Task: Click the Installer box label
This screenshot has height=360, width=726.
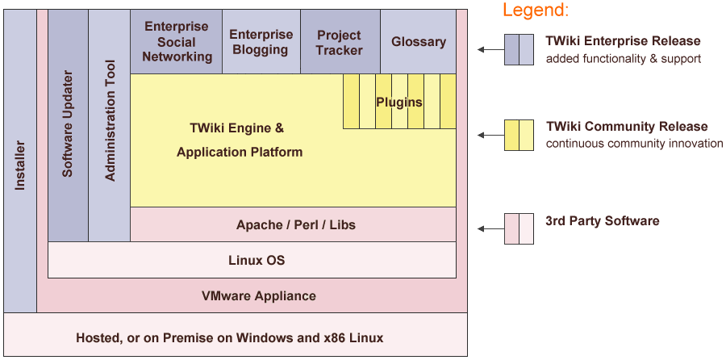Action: (x=20, y=165)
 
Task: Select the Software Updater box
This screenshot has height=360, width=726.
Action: (x=68, y=125)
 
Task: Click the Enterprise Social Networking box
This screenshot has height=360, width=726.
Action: (x=177, y=42)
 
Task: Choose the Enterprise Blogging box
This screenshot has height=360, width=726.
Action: (x=261, y=42)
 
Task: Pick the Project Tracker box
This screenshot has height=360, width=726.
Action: (x=339, y=42)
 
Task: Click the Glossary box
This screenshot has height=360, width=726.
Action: (x=418, y=42)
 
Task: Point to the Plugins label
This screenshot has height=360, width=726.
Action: (x=398, y=102)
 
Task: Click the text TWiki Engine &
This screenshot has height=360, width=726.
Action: (x=236, y=128)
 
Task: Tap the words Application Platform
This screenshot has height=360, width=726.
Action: (x=240, y=152)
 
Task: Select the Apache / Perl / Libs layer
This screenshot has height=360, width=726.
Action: (x=295, y=224)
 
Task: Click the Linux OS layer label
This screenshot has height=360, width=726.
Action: (x=257, y=261)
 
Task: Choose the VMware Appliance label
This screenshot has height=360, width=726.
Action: (x=258, y=295)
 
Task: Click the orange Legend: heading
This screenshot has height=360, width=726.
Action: (x=535, y=10)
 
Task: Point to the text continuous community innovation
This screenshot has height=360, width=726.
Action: (x=634, y=144)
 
